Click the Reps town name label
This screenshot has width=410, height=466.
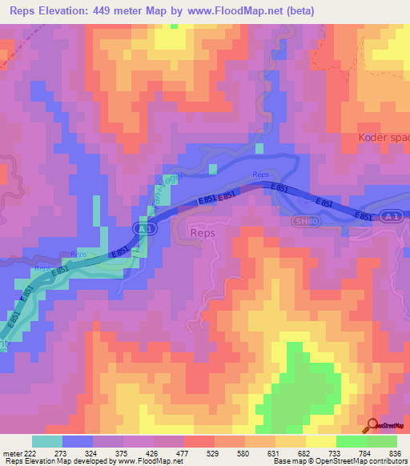[x=204, y=232]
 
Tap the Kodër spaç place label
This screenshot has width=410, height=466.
[x=383, y=137]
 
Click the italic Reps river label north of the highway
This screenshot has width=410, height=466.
[x=260, y=175]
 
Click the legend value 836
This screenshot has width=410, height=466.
[x=395, y=452]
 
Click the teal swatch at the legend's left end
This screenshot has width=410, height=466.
[x=47, y=441]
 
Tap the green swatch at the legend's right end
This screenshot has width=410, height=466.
[x=382, y=441]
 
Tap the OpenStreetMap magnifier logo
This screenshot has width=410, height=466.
[x=373, y=426]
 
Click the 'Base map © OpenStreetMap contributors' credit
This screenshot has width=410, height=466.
[x=340, y=461]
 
